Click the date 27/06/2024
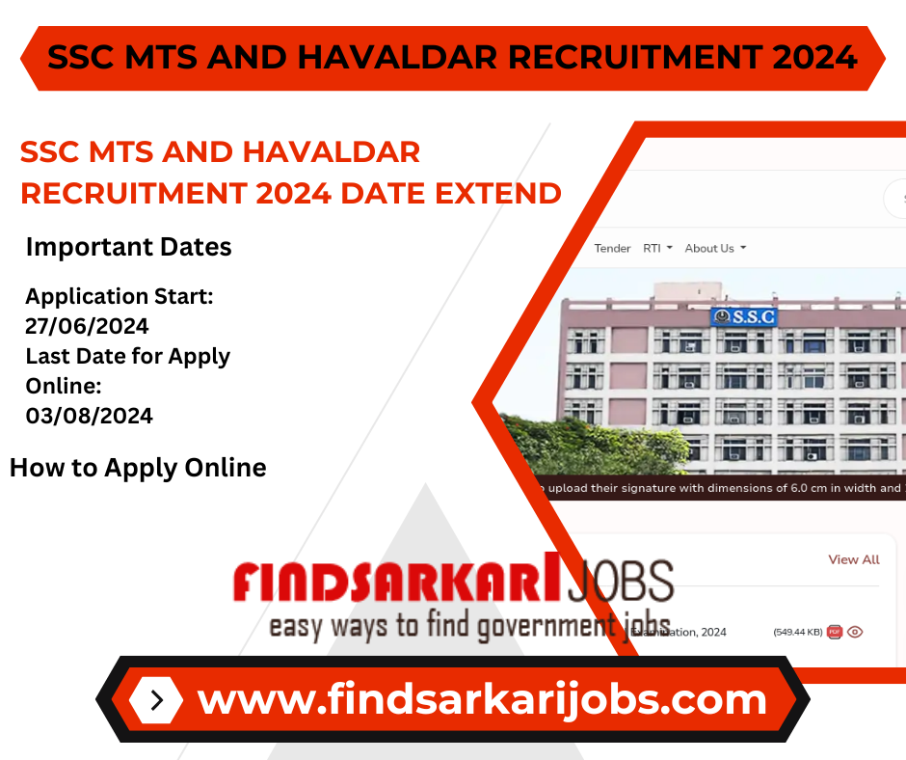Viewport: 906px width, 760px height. [x=87, y=326]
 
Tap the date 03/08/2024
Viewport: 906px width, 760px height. [x=89, y=416]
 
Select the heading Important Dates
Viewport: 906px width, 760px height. [x=128, y=247]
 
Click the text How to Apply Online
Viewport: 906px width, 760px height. [x=138, y=468]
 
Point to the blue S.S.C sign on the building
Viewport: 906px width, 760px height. [x=743, y=315]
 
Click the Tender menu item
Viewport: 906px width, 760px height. [x=612, y=249]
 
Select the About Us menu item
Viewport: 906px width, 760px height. [x=714, y=249]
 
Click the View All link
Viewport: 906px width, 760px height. [x=854, y=559]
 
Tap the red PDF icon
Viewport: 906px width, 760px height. [x=835, y=633]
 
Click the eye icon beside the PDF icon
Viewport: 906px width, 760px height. [x=855, y=633]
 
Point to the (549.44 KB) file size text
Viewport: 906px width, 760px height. [x=798, y=633]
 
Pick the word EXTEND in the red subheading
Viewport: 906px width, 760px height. [x=498, y=193]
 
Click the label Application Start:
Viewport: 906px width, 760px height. [x=120, y=296]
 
